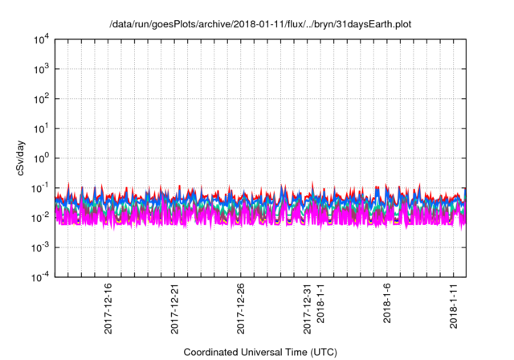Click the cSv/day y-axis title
17,157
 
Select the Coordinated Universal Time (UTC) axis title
259,352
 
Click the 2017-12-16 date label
108,305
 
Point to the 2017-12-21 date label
174,305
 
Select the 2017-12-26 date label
241,305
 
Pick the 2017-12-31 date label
307,305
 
